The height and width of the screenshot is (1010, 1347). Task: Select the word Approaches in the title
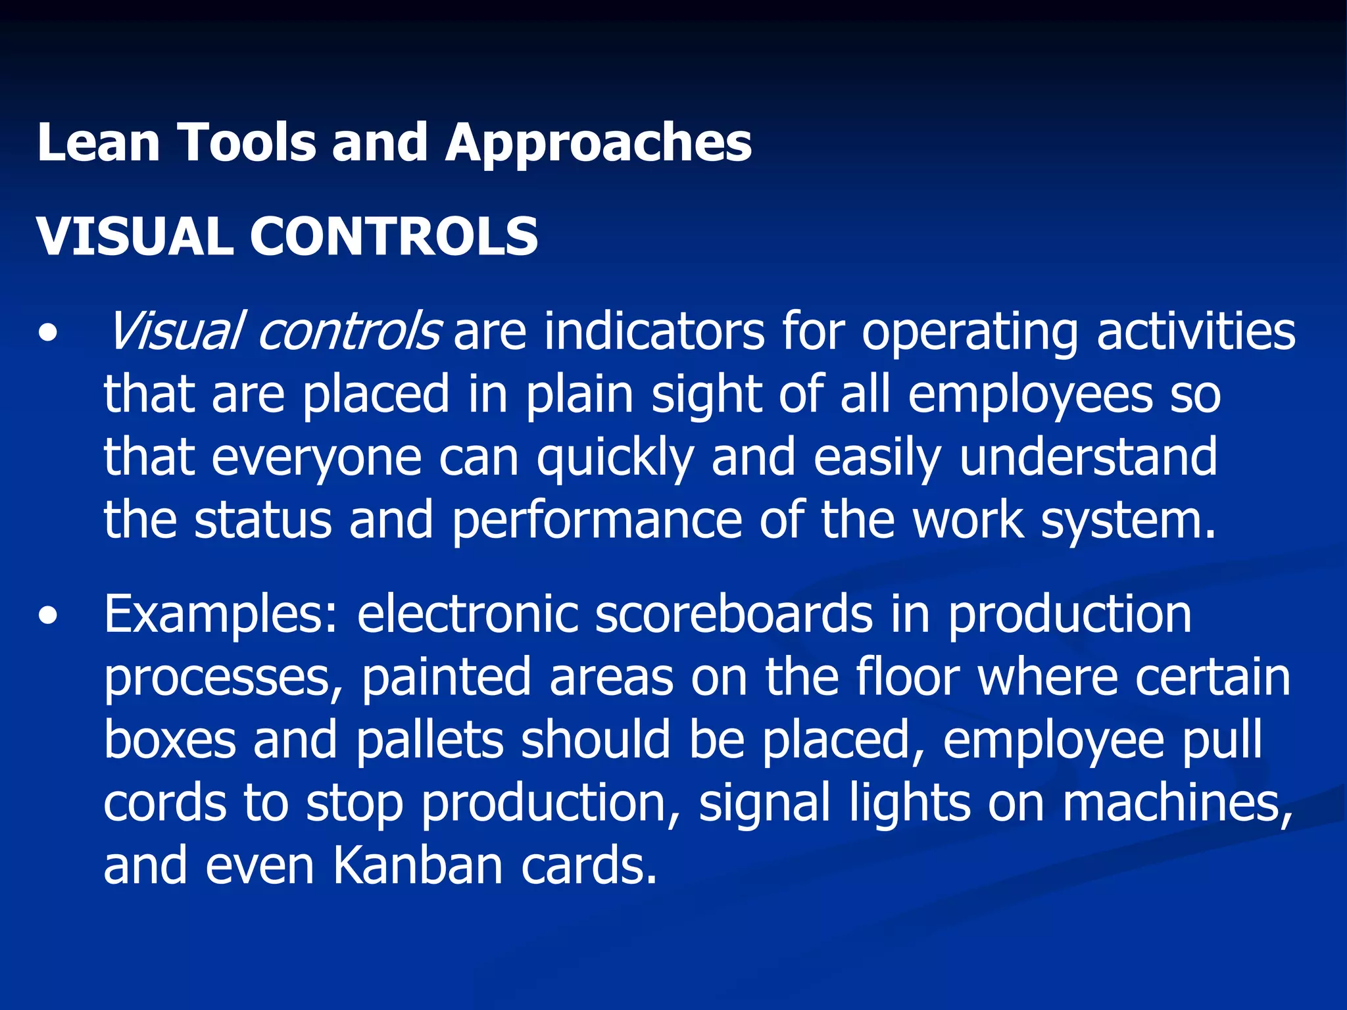(599, 143)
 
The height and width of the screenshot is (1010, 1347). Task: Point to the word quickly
(616, 458)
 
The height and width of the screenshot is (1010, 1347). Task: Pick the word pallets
(430, 740)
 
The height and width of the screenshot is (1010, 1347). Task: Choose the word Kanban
(418, 866)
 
